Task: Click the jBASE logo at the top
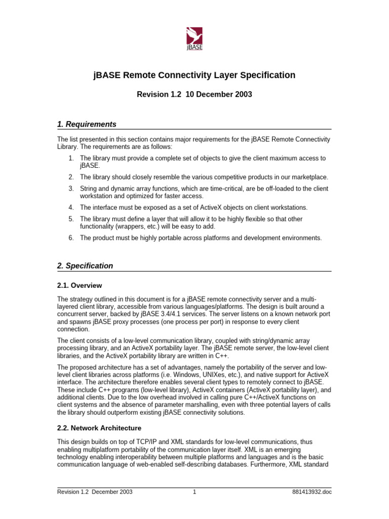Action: point(194,39)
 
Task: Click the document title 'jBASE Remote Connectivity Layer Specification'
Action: point(194,76)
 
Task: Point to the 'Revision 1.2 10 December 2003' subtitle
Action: point(194,94)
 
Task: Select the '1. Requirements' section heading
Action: point(87,124)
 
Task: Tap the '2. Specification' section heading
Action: point(85,266)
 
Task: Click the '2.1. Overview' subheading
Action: point(79,285)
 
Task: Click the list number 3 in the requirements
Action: point(71,189)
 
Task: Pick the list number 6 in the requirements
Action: point(71,238)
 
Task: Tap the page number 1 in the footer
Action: point(194,492)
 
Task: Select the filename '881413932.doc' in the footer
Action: point(313,492)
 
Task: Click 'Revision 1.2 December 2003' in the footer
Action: point(92,492)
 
